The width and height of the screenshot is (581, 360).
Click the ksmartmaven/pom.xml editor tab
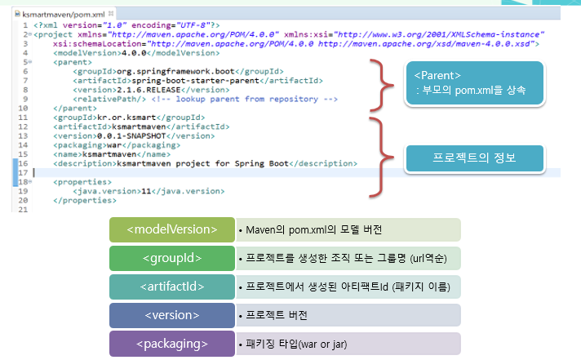click(56, 15)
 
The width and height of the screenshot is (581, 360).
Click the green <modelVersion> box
click(172, 229)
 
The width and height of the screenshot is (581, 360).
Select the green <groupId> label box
click(172, 259)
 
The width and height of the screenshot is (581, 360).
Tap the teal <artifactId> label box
click(172, 287)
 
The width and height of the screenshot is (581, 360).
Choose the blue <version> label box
click(172, 314)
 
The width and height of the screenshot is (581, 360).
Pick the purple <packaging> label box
click(172, 344)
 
